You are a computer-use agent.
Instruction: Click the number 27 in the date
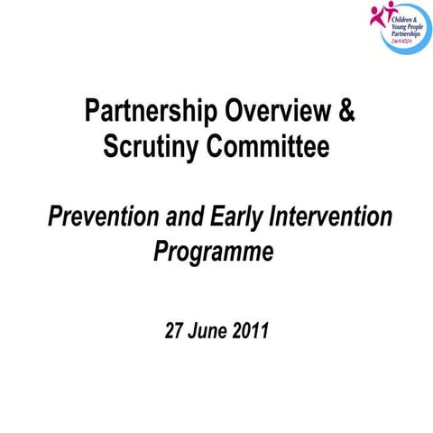(x=177, y=330)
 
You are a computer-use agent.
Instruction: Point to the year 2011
(x=250, y=330)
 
